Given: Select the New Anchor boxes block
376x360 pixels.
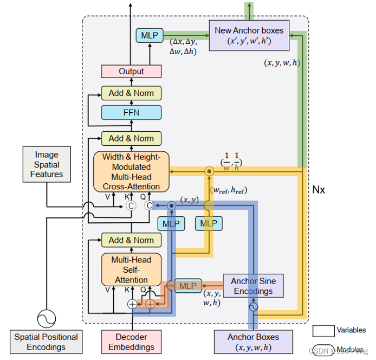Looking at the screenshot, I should [249, 35].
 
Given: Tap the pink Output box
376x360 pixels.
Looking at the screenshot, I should [131, 71].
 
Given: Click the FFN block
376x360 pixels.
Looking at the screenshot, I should [131, 113].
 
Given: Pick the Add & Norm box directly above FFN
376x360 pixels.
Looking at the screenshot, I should [131, 93].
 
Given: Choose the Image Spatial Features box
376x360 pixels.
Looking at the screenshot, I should [46, 165].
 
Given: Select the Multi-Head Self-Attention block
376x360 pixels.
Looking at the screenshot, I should [131, 269].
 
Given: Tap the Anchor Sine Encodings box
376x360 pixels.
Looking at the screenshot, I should [253, 286].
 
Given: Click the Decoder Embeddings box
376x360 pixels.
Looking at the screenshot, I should [131, 342].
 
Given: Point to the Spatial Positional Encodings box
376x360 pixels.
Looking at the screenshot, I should [46, 342].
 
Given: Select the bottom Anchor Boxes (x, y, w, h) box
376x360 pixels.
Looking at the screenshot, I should [253, 342].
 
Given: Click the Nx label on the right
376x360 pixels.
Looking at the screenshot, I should [319, 190].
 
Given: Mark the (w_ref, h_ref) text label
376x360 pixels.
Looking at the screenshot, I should [228, 190].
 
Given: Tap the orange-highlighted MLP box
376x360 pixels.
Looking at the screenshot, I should [187, 286].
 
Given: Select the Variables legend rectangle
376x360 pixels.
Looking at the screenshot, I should [323, 330].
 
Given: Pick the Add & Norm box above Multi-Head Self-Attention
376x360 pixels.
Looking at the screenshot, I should [131, 240].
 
